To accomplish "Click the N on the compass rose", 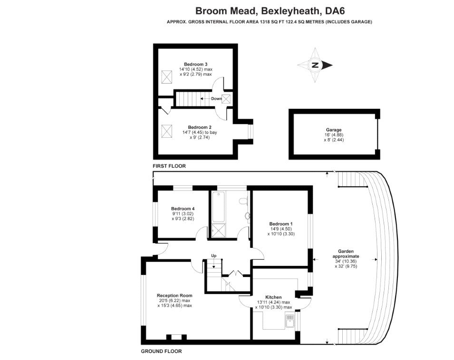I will coord(314,66).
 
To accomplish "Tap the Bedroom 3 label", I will coord(195,64).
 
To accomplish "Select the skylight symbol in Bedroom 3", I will coord(167,76).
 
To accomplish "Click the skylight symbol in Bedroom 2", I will coord(167,130).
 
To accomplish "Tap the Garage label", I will coord(334,130).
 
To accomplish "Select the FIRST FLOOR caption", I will coord(169,166).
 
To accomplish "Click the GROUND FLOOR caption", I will coord(161,351).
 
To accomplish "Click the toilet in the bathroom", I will coord(243,200).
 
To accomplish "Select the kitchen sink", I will coord(288,323).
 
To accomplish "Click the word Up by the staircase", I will coord(214,256).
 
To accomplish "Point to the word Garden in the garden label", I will coord(346,251).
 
